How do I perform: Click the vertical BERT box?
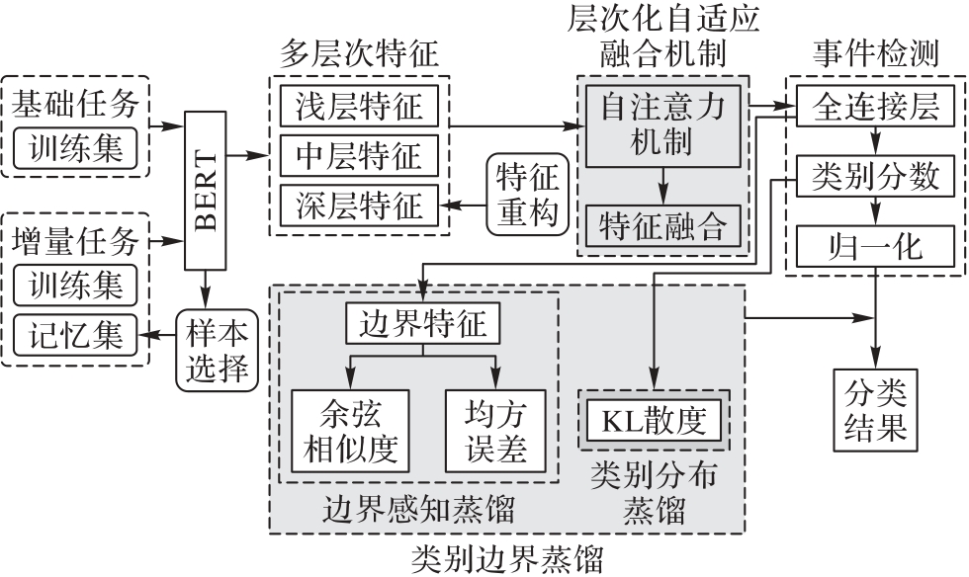tap(206, 191)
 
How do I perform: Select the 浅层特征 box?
tap(359, 106)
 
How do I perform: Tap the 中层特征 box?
tap(359, 156)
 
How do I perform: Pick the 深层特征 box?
tap(359, 206)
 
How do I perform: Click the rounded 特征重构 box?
tap(527, 195)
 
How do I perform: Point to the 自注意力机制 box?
tap(663, 126)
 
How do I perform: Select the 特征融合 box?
tap(663, 226)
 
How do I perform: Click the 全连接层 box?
tap(875, 107)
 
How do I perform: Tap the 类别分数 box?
tap(875, 176)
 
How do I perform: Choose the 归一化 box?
tap(875, 246)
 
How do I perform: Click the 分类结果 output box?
tap(875, 410)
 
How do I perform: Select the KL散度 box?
tap(654, 420)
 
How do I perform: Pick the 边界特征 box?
tap(423, 323)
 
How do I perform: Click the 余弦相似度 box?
tap(350, 431)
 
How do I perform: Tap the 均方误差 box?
tap(495, 431)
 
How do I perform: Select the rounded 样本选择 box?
tap(217, 351)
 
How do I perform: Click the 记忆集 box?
tap(75, 336)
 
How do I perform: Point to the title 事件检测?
tap(876, 53)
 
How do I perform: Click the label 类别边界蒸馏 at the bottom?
tap(506, 559)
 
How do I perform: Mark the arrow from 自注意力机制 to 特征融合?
tap(663, 186)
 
